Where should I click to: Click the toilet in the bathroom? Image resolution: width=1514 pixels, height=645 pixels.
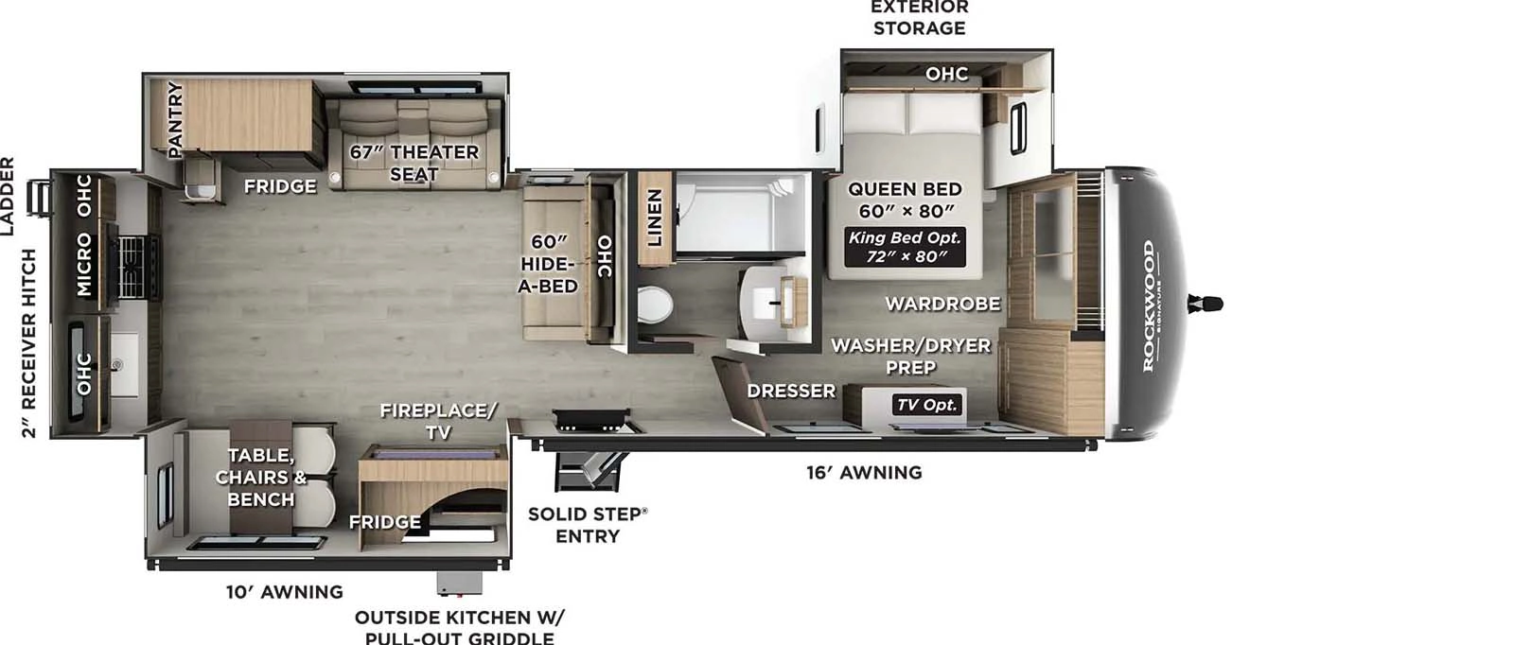pyautogui.click(x=654, y=305)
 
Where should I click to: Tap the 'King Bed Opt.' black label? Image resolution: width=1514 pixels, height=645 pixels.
pyautogui.click(x=906, y=247)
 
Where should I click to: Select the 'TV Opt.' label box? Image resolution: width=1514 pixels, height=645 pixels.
pyautogui.click(x=927, y=405)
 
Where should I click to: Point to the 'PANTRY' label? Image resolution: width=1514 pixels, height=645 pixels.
pyautogui.click(x=175, y=118)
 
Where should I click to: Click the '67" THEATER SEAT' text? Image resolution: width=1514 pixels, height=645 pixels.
pyautogui.click(x=414, y=163)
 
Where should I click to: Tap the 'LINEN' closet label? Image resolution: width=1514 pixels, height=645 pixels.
pyautogui.click(x=654, y=217)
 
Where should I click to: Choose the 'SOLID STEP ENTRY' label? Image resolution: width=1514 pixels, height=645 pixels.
pyautogui.click(x=588, y=525)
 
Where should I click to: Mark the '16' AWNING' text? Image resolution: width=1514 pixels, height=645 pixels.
pyautogui.click(x=864, y=472)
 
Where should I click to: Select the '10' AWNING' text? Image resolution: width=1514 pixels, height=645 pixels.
pyautogui.click(x=284, y=592)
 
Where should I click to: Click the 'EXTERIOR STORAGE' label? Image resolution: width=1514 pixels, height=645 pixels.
pyautogui.click(x=919, y=18)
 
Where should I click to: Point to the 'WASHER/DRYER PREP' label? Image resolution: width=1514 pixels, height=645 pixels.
pyautogui.click(x=910, y=356)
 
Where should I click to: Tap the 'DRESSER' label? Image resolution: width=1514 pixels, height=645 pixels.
pyautogui.click(x=791, y=391)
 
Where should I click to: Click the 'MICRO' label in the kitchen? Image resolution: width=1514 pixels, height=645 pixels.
pyautogui.click(x=84, y=266)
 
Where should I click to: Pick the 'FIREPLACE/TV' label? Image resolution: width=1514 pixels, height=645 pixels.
pyautogui.click(x=438, y=421)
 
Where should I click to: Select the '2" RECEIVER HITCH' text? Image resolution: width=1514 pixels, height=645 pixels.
pyautogui.click(x=28, y=343)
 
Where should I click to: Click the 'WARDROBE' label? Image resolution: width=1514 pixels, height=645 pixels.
pyautogui.click(x=942, y=304)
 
